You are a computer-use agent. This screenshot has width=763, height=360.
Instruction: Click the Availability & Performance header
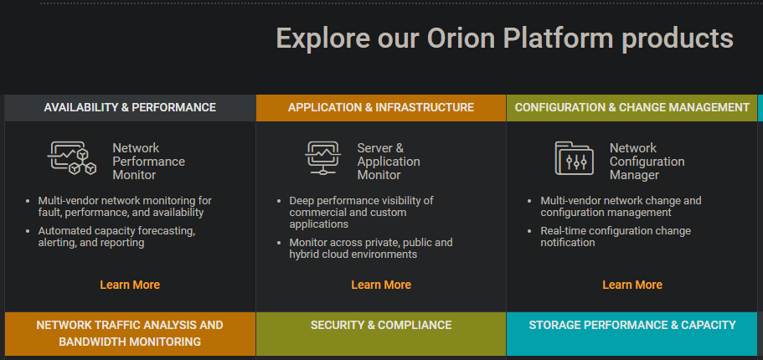(130, 107)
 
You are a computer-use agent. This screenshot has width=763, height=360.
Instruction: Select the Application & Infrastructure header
(381, 107)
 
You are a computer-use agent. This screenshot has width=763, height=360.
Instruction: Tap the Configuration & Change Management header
(632, 107)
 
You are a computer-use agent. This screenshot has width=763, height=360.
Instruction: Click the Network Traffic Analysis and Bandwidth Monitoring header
(130, 333)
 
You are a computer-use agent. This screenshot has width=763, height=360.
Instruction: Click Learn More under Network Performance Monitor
(130, 285)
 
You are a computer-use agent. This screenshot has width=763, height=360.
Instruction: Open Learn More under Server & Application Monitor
(381, 285)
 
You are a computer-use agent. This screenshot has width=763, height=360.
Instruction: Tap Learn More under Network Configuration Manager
(632, 285)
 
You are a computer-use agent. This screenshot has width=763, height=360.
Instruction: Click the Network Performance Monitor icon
(72, 157)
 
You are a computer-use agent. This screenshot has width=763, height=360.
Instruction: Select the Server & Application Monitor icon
(323, 157)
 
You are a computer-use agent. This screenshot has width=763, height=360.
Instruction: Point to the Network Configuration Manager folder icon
(575, 158)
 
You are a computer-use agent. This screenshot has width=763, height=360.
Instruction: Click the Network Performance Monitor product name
(148, 162)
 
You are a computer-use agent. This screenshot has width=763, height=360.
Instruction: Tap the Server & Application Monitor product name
(389, 162)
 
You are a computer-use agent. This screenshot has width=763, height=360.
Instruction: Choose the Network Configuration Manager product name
(647, 162)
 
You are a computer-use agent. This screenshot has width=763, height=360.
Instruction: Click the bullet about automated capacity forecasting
(116, 236)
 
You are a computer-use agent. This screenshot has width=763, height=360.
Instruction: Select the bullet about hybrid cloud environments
(371, 248)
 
